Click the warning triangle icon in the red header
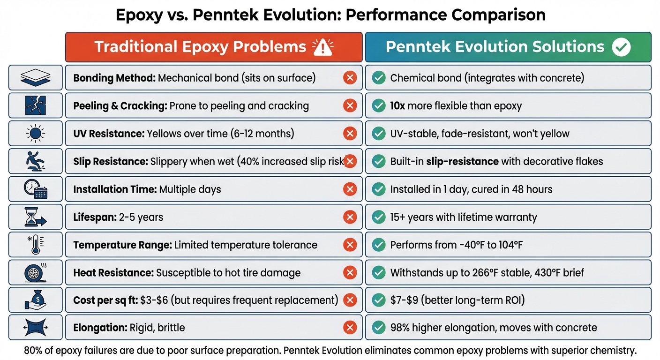pyautogui.click(x=322, y=47)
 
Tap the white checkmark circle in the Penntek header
pyautogui.click(x=622, y=47)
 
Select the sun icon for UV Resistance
pyautogui.click(x=36, y=134)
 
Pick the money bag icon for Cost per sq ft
pyautogui.click(x=36, y=300)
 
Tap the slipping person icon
pyautogui.click(x=36, y=161)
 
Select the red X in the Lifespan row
pyautogui.click(x=350, y=217)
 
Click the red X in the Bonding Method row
pyautogui.click(x=350, y=78)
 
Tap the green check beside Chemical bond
pyautogui.click(x=378, y=78)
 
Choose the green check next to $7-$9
pyautogui.click(x=378, y=300)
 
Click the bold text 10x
pyautogui.click(x=397, y=106)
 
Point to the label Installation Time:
pyautogui.click(x=115, y=189)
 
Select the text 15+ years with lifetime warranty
pyautogui.click(x=464, y=217)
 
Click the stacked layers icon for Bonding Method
pyautogui.click(x=36, y=78)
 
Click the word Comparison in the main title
pyautogui.click(x=498, y=15)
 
